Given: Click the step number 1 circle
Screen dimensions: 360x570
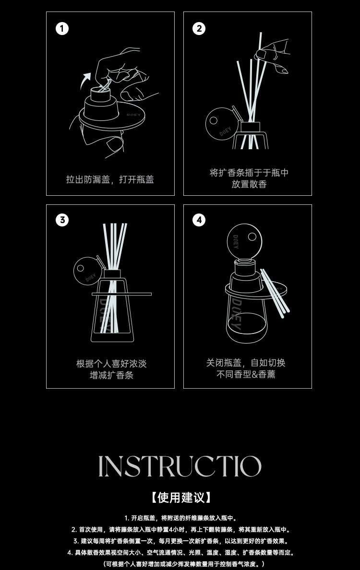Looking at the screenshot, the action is (62, 28).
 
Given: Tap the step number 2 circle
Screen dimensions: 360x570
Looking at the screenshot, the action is (199, 28).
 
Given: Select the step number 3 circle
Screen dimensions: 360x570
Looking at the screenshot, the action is (62, 220).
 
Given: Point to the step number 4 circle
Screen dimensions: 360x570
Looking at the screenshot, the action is (199, 220).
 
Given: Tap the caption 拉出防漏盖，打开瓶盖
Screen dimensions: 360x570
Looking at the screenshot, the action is (110, 179).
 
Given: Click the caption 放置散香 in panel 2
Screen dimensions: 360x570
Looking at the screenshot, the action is (249, 184).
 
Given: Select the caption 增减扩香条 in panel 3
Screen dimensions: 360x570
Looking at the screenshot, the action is (112, 375).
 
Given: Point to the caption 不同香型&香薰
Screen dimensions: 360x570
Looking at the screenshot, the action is (246, 374).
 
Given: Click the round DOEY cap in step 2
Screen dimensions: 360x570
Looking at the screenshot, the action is (222, 124).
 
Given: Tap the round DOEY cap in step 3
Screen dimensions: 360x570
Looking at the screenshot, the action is (88, 271).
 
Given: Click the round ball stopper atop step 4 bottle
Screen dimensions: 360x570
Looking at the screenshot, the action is (244, 241).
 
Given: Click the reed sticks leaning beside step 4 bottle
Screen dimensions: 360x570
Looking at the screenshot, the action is (275, 293).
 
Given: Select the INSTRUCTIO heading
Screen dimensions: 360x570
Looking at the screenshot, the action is (180, 466).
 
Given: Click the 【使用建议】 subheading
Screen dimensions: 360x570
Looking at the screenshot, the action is (180, 497).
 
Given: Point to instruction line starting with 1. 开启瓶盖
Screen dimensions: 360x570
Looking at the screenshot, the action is (180, 518).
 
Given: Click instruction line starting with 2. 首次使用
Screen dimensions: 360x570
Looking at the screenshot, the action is (181, 530).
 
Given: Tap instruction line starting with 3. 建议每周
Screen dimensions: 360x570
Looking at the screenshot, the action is (181, 541).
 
